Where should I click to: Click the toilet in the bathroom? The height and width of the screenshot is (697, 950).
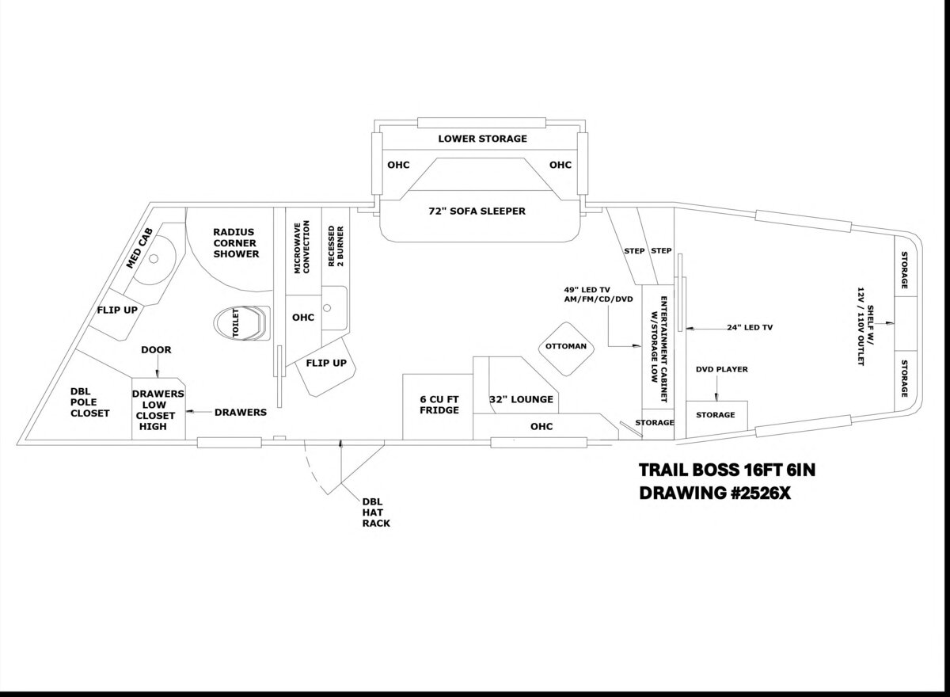pos(241,323)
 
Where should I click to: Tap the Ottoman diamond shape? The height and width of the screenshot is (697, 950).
pos(566,348)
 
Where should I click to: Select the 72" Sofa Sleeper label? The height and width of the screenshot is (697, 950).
pos(477,211)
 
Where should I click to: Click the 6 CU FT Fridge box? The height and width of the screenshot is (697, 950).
pos(438,407)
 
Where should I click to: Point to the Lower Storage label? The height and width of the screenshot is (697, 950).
pos(483,139)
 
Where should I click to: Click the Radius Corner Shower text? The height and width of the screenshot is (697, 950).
pos(236,243)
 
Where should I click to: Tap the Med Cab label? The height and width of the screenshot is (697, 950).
pos(139,249)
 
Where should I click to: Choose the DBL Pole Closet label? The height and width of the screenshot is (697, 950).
pos(90,402)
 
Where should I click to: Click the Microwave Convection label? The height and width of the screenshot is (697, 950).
pos(302,247)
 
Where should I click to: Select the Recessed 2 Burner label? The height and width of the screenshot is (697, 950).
pos(336,246)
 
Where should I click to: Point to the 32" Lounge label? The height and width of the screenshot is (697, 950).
pos(521,399)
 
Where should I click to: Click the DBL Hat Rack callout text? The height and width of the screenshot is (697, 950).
pos(376,512)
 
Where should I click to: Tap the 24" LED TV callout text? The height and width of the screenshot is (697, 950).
pos(750,327)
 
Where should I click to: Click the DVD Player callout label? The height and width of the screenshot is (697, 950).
pos(722,369)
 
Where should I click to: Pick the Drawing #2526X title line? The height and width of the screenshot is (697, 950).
pos(715,493)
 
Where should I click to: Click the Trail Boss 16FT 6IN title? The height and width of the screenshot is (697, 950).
pos(727,470)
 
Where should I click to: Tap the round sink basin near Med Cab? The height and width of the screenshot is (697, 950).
pos(154,258)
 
